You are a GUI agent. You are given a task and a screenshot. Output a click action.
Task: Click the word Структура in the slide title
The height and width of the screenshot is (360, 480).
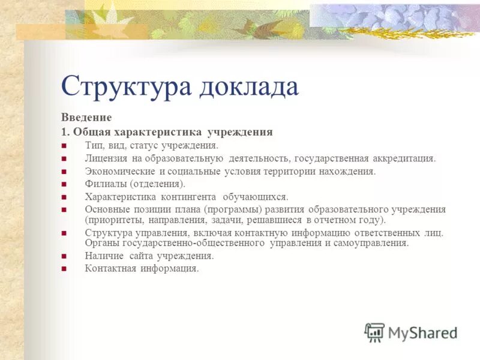126,86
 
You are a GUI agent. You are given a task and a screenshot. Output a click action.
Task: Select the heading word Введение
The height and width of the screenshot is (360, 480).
86,118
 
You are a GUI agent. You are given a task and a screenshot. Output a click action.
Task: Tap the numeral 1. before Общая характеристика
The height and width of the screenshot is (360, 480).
65,131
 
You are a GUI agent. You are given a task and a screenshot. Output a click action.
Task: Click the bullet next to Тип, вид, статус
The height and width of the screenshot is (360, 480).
64,146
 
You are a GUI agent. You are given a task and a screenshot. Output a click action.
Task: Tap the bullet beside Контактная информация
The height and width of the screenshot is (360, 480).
64,269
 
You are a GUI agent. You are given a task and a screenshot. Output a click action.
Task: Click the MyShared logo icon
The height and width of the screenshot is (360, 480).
374,332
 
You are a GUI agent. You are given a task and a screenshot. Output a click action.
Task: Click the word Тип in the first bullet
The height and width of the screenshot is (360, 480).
94,145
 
